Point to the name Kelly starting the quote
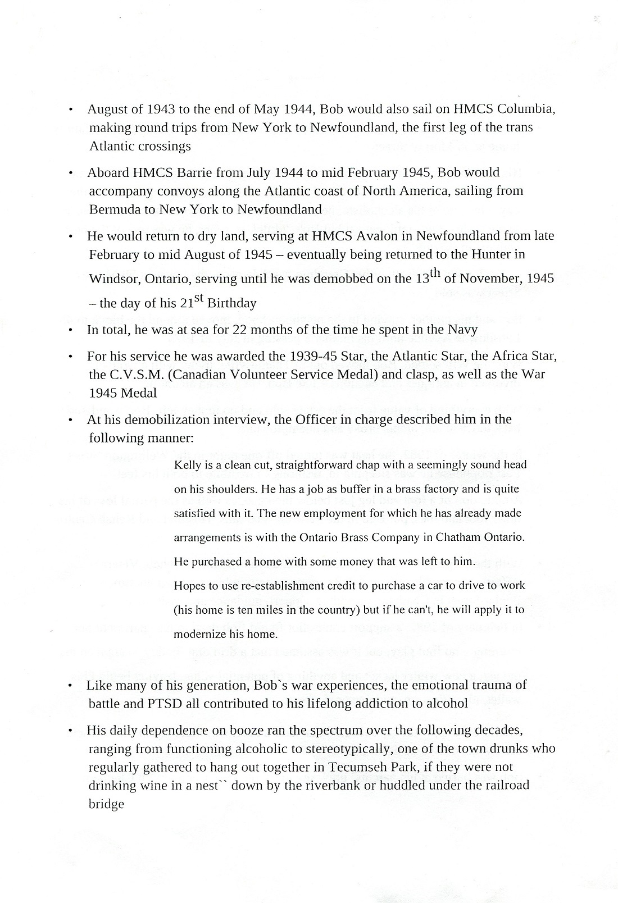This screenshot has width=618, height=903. (x=187, y=465)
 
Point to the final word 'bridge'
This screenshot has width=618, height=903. (x=106, y=804)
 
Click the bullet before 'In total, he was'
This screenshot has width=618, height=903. (x=70, y=331)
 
